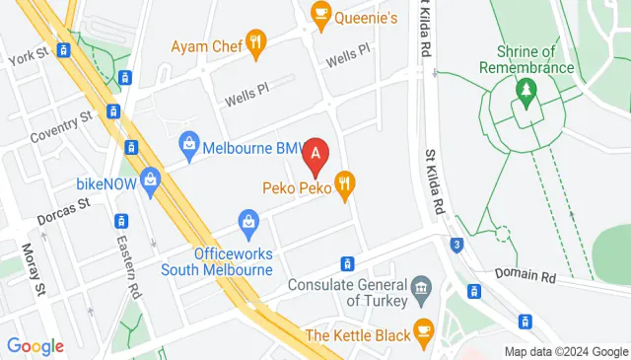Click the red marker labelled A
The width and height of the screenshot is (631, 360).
coord(315,154)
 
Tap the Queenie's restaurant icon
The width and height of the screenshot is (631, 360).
coord(320,13)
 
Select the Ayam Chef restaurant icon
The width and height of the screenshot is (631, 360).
coord(256,41)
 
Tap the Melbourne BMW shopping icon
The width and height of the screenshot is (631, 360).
coord(189,148)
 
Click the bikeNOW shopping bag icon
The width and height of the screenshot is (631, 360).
coord(149,180)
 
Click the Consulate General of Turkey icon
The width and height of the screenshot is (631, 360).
coord(421,287)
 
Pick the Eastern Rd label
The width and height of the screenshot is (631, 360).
coord(125,259)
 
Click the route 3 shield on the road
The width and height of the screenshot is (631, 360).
coord(456,245)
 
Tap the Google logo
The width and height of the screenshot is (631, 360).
coord(35,346)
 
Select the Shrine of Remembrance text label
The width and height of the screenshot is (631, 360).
coord(526,59)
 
